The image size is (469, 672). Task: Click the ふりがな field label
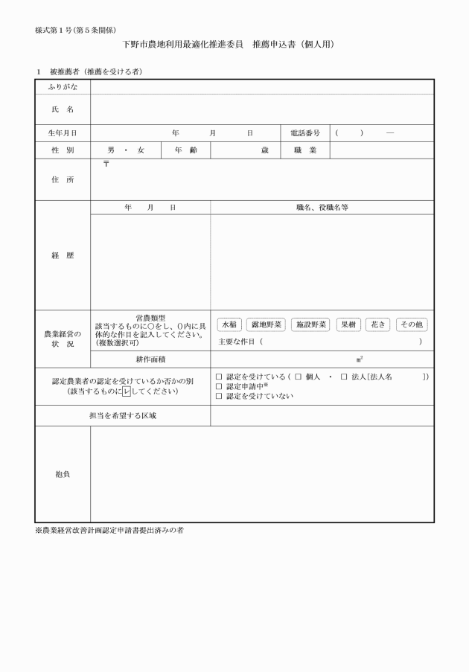tap(63, 88)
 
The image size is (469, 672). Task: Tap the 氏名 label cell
tap(63, 109)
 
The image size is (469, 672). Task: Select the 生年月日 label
tap(63, 133)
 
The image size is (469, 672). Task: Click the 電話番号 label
tap(305, 133)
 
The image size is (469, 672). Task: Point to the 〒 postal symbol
tap(106, 163)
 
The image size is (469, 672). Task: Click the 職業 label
tap(305, 150)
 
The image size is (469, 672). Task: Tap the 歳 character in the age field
tap(264, 150)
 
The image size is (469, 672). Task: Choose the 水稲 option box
tap(229, 324)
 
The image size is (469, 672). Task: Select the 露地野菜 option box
tap(266, 324)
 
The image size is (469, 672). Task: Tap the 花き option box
tap(377, 324)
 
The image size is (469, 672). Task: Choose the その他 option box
tap(412, 324)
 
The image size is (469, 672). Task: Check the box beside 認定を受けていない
tap(218, 396)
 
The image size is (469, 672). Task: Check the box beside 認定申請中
tap(218, 386)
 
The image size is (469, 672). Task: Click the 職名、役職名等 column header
tap(322, 208)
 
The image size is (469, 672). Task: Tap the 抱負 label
tap(63, 474)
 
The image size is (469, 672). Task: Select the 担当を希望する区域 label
tap(123, 416)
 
